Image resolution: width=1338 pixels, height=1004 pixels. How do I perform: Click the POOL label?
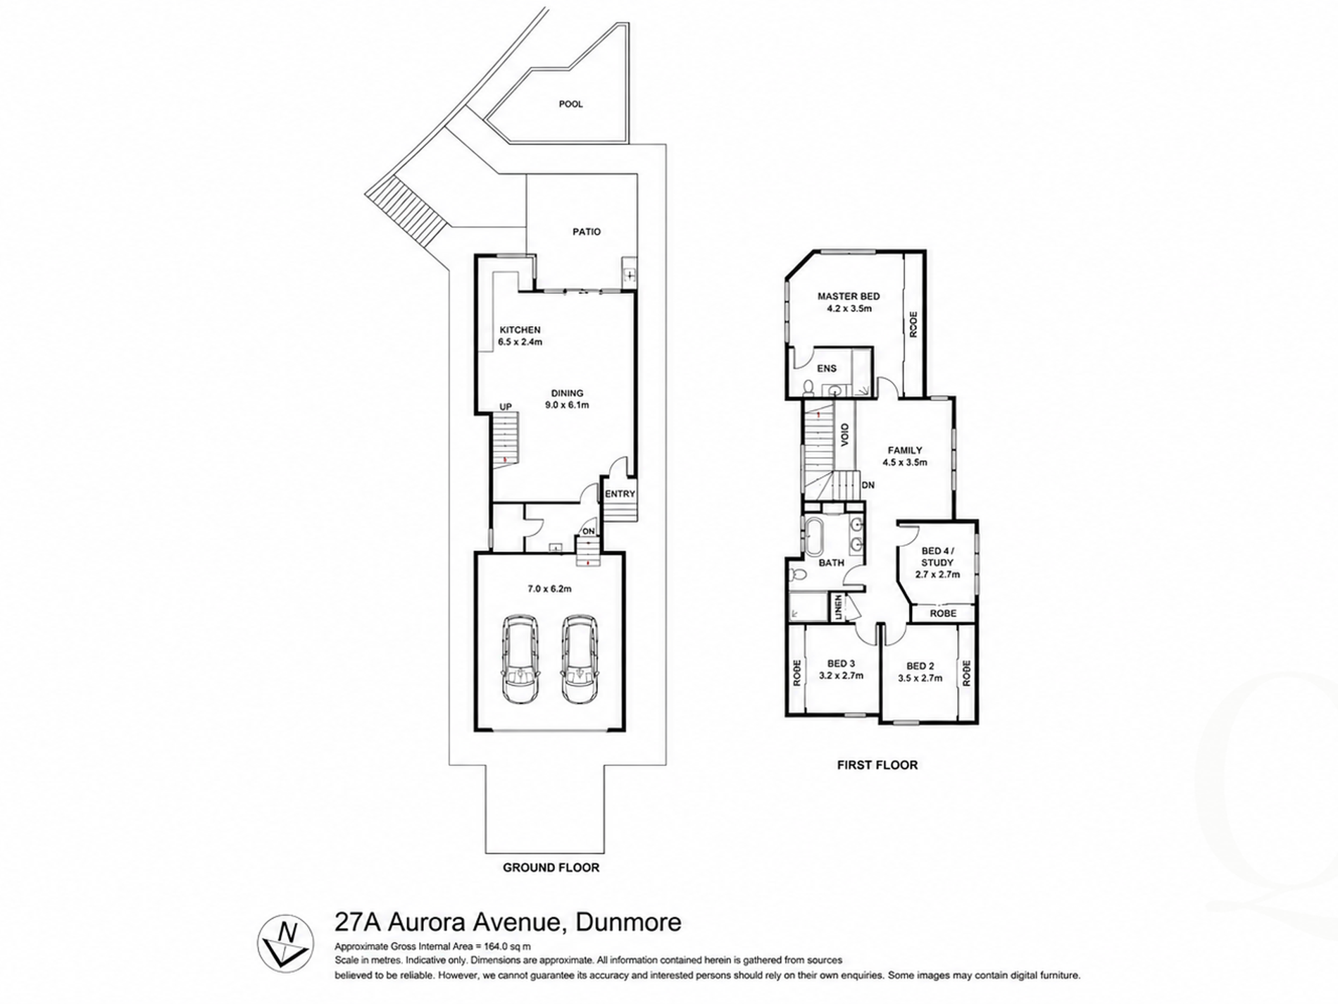coord(570,104)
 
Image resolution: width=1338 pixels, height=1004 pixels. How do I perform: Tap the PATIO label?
coord(587,232)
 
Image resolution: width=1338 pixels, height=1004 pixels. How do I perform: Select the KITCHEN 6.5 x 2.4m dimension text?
coord(520,342)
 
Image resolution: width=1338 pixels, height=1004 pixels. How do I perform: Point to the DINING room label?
coord(567,393)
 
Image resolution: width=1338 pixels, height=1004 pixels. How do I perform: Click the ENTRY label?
coord(620,494)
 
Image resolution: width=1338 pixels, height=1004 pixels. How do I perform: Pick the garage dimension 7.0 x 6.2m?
coord(549,588)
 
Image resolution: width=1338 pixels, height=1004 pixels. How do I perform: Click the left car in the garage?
coord(520,659)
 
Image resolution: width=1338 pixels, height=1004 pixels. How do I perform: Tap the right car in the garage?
coord(580,659)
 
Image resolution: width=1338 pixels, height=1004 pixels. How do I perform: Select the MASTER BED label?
coord(849,297)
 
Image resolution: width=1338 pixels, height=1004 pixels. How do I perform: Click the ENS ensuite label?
coord(827,368)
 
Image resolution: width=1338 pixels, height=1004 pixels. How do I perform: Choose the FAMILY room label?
coord(905,450)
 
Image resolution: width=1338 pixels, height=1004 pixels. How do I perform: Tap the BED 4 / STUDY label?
coord(937,557)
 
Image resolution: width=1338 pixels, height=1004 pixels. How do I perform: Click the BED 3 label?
coord(841,664)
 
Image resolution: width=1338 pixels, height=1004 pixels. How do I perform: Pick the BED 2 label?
coord(920,667)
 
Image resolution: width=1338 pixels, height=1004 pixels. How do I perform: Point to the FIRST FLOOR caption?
coord(877,764)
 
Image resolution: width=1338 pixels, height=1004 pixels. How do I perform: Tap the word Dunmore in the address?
coord(628,922)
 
